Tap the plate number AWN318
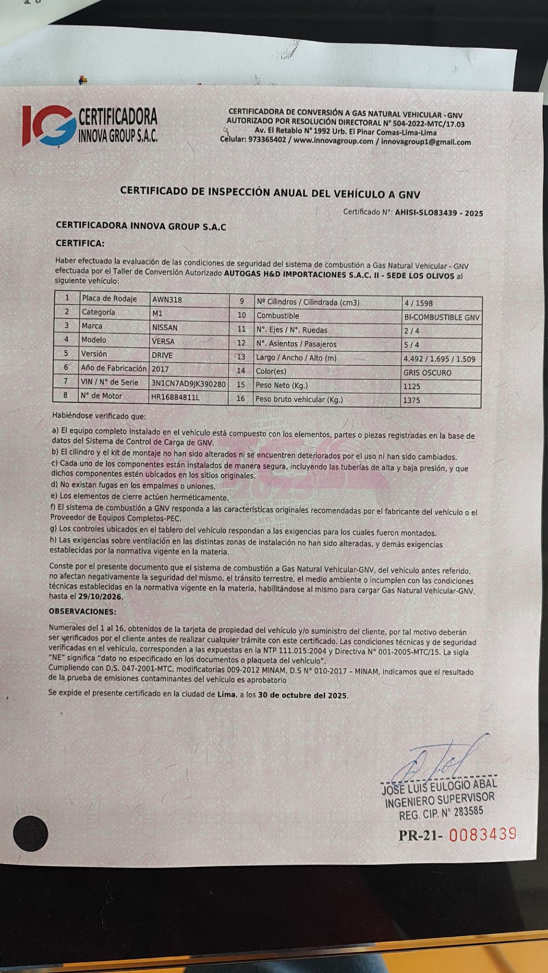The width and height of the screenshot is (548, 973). pos(167,300)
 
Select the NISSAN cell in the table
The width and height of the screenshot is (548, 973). pos(165,327)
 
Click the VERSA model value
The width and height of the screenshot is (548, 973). pos(163,342)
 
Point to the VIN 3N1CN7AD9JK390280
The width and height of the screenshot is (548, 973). pos(188,384)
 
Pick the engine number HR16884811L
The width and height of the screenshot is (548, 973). pos(175,397)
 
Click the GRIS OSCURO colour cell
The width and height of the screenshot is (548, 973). pos(427,372)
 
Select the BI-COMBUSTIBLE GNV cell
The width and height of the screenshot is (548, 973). pos(441,318)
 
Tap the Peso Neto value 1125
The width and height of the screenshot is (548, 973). pos(412,386)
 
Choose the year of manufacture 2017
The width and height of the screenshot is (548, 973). pos(160,369)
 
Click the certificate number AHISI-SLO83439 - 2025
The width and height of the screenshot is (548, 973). pos(439,213)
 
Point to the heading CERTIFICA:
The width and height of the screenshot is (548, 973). pos(80,243)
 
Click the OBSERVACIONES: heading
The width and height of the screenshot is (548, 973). pos(82,612)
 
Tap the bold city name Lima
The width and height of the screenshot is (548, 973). pos(226,694)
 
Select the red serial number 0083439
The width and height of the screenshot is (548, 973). pos(483,834)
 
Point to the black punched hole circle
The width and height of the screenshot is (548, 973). pos(30,833)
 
